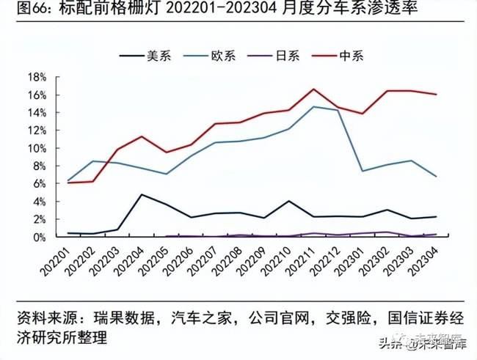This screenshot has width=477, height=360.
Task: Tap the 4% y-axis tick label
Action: [x=38, y=202]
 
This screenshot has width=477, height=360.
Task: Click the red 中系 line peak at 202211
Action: [x=313, y=89]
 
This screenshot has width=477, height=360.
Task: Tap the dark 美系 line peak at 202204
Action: [x=141, y=194]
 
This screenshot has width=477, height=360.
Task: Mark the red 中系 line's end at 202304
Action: [x=437, y=94]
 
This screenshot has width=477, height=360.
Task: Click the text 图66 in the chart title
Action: [x=21, y=12]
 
